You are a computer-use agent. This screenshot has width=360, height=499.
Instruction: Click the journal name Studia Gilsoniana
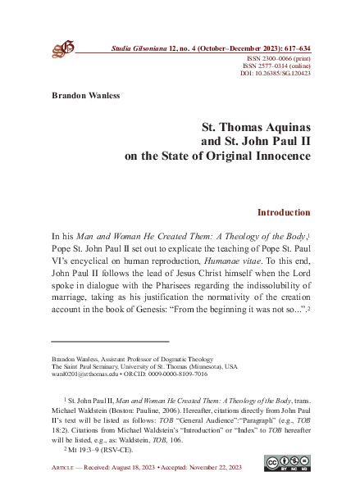[143, 51]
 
